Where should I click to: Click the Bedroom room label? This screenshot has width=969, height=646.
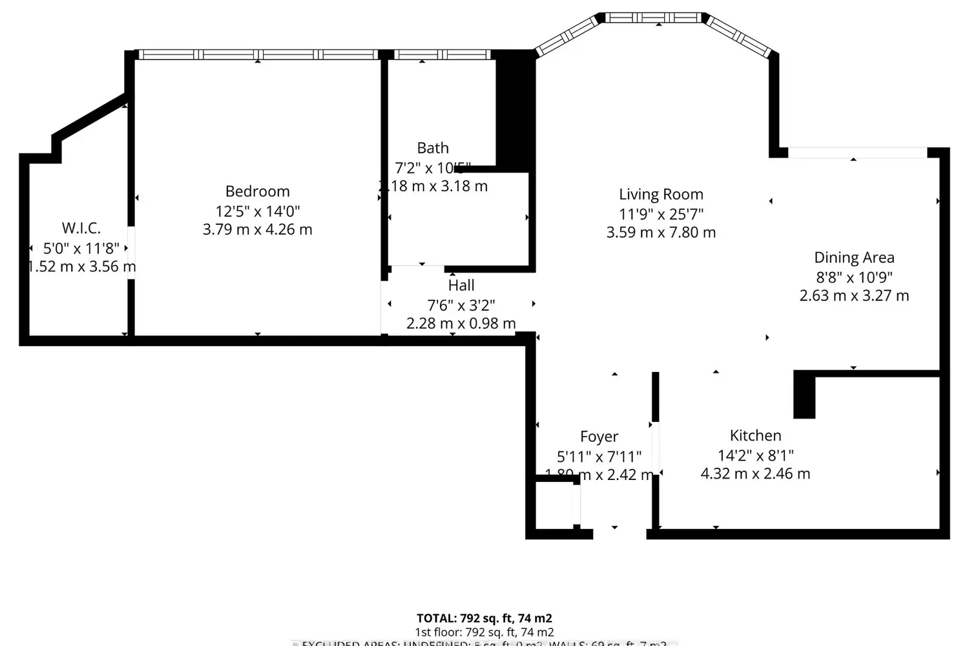(x=257, y=191)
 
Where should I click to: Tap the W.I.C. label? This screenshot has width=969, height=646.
(x=81, y=228)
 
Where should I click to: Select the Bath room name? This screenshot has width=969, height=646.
(x=432, y=148)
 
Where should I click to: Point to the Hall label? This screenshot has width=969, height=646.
(x=461, y=286)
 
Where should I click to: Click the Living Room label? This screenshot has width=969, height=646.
(x=660, y=194)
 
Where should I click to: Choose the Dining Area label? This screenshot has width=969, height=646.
(x=853, y=258)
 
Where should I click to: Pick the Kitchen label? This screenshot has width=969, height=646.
(x=755, y=435)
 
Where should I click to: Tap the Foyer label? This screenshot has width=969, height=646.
(x=599, y=437)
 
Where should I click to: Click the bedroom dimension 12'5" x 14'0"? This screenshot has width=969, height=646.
(x=257, y=211)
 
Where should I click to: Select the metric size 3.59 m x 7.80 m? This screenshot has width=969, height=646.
(x=660, y=233)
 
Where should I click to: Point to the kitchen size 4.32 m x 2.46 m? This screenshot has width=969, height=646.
(x=755, y=474)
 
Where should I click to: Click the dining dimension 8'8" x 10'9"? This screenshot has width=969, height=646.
(x=853, y=277)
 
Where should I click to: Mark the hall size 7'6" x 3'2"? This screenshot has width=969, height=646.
(x=461, y=305)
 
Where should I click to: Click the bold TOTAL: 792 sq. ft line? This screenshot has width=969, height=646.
(x=484, y=618)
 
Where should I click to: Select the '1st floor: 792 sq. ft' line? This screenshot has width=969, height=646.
(x=484, y=632)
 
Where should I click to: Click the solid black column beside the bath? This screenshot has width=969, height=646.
(x=515, y=110)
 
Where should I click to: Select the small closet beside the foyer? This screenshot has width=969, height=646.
(x=554, y=504)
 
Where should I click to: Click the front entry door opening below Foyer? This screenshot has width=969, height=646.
(x=619, y=534)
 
